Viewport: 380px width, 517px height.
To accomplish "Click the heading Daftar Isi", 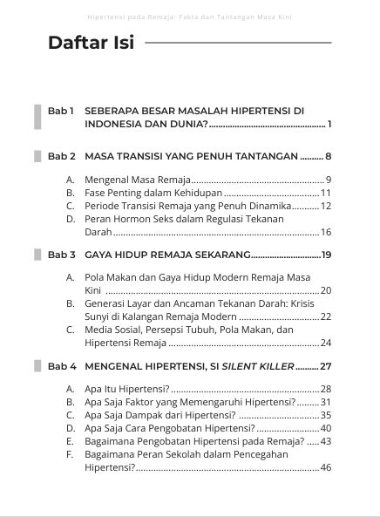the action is coord(91,43).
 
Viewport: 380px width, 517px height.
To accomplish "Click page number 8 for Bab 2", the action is coord(328,157).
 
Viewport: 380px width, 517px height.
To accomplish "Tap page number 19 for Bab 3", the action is coord(327,255).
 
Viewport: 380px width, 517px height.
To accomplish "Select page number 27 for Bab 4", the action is coord(326,366).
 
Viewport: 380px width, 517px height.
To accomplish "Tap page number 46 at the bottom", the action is coord(326,467).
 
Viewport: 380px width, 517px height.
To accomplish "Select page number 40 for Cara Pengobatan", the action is coord(326,428).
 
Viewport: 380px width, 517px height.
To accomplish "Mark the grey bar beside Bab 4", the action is coord(37,366).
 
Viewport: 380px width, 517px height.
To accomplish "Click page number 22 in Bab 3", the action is coord(326,316).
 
